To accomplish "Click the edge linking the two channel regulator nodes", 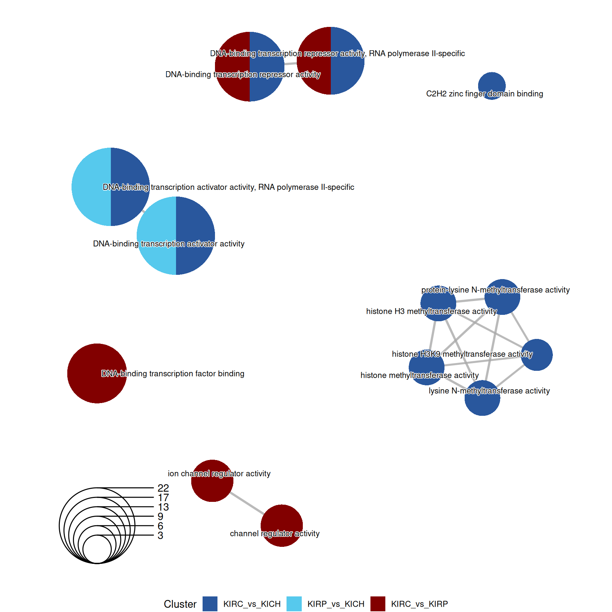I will coord(246,503).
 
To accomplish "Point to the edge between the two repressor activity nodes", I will coord(290,64).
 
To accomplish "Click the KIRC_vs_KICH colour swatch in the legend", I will coord(210,604).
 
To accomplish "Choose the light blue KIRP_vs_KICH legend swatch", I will coord(294,604).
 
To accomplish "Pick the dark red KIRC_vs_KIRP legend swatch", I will coord(378,604).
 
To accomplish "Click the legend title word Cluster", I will coord(180,604).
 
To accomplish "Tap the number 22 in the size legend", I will coord(163,488).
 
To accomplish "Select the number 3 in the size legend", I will coord(160,535).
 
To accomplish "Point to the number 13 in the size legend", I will coord(163,507).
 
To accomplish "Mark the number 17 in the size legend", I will coord(163,498).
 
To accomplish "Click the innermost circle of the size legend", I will coord(97,549).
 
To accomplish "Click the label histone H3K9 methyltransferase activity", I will coord(462,354).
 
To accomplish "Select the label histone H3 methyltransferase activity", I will coord(431,311).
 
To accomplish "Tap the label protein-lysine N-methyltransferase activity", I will coord(495,290).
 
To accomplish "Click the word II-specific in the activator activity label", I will coord(337,187).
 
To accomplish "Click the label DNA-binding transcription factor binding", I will coord(173,374).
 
